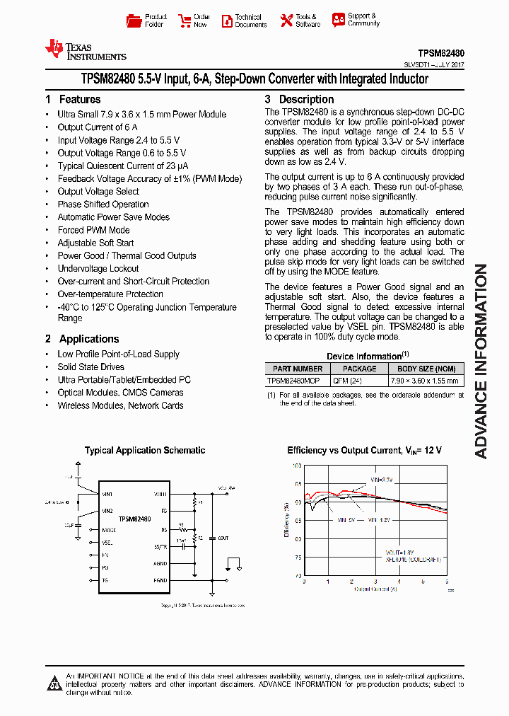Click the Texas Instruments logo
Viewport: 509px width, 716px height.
(85, 50)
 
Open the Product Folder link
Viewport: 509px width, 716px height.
(147, 21)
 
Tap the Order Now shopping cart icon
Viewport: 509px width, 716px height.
(185, 21)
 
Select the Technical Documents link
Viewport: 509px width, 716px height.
(244, 21)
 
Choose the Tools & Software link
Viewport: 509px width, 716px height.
(299, 21)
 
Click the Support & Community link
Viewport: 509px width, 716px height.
(356, 20)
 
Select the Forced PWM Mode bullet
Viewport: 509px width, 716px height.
(93, 230)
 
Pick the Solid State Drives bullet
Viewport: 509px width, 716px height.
(90, 367)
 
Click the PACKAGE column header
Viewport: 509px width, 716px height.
(359, 369)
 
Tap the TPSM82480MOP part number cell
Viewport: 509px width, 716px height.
(293, 380)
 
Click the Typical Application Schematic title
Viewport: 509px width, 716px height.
(145, 450)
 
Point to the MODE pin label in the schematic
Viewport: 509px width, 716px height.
(109, 530)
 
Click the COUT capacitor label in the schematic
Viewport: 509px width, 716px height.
(223, 538)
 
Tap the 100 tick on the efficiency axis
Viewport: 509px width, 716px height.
(297, 466)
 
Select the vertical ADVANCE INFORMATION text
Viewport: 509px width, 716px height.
(481, 361)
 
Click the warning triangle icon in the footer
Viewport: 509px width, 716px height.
(54, 683)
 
